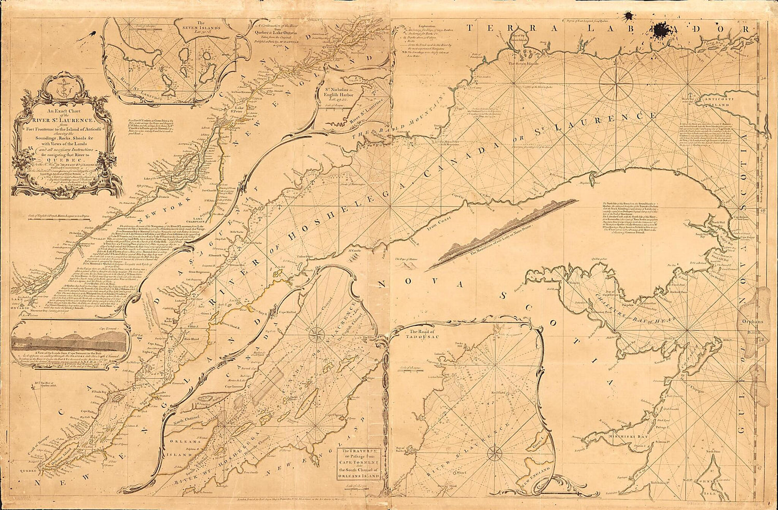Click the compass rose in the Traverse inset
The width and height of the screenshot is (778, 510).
pyautogui.click(x=315, y=336)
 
